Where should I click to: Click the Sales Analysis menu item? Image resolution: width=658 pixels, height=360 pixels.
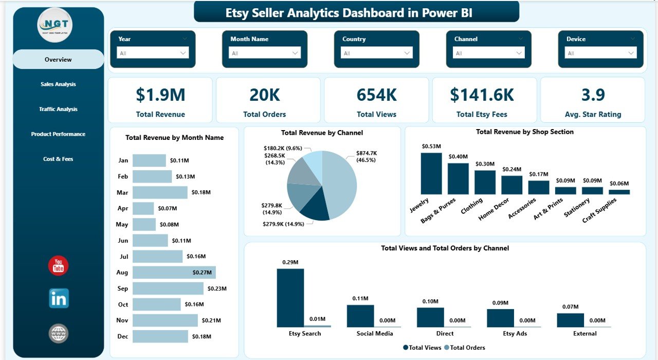coord(58,84)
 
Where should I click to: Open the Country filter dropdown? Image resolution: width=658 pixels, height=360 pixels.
coord(376,53)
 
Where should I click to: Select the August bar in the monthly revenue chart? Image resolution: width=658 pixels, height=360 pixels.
coord(174,272)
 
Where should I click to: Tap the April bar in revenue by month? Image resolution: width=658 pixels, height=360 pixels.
coord(143,208)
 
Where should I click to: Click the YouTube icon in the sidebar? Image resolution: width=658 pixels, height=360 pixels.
coord(58,266)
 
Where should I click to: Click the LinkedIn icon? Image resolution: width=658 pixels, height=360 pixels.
coord(59,298)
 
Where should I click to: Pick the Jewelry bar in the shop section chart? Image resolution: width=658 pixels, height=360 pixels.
coord(431,173)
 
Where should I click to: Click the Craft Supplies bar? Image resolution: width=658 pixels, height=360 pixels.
coord(619,192)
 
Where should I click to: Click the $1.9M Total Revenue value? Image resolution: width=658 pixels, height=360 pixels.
coord(160,95)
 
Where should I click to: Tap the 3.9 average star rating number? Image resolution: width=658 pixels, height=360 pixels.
coord(593,95)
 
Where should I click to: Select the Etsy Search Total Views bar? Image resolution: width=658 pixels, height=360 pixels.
coord(290,298)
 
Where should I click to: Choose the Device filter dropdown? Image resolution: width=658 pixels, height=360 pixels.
coord(600,53)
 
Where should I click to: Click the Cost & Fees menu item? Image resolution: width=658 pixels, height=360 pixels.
coord(58,159)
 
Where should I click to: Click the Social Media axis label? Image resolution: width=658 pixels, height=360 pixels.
coord(375,333)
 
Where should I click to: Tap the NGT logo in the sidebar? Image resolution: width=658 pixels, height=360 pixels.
coord(55,25)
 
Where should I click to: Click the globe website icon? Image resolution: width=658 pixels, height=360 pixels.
coord(58,333)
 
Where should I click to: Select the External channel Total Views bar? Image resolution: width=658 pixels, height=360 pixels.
coord(570,320)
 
